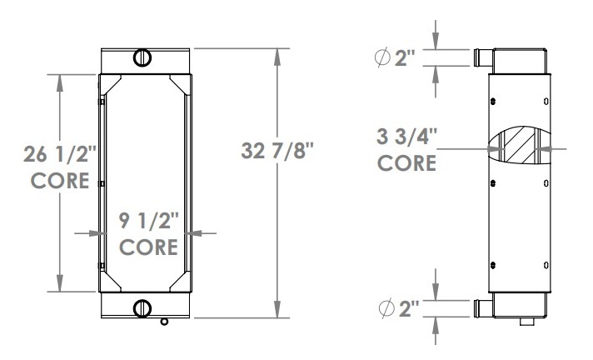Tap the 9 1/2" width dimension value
pyautogui.click(x=148, y=221)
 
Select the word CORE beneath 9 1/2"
pyautogui.click(x=148, y=247)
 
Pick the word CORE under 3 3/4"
pyautogui.click(x=407, y=162)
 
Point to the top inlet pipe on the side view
pyautogui.click(x=481, y=59)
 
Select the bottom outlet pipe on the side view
pyautogui.click(x=481, y=309)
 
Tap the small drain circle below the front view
pyautogui.click(x=164, y=322)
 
